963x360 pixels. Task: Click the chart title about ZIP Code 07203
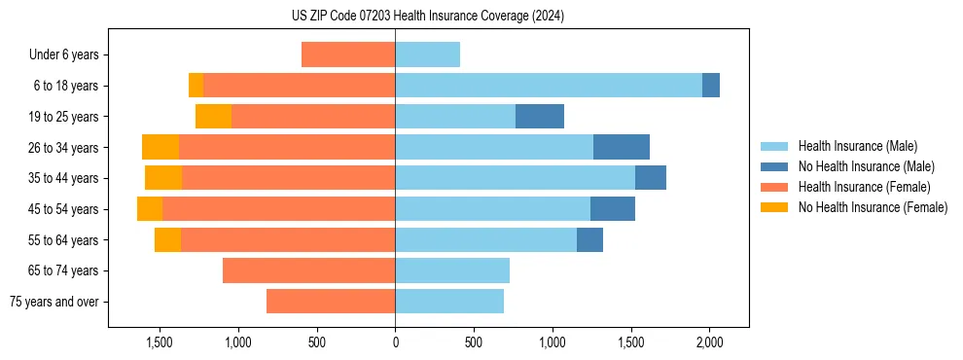[x=428, y=16]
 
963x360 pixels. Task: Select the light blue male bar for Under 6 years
[x=427, y=54]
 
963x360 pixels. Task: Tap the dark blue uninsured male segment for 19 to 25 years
[x=540, y=116]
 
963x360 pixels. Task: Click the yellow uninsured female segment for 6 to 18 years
[x=196, y=86]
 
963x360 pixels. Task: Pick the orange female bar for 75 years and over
[x=331, y=302]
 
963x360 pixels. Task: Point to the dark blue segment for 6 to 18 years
[x=711, y=86]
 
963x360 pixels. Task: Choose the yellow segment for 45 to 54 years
[x=150, y=209]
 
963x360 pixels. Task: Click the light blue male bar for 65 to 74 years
[x=452, y=270]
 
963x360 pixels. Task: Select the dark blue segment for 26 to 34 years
[x=622, y=147]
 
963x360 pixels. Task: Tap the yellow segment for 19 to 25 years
[x=213, y=116]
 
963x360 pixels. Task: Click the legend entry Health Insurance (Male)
[x=857, y=146]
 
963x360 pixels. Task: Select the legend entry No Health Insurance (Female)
[x=873, y=207]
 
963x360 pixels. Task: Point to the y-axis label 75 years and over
[x=53, y=302]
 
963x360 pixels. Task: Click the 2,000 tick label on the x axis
[x=709, y=342]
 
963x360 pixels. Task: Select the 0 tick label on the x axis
[x=395, y=342]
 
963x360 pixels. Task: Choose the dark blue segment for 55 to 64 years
[x=589, y=239]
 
